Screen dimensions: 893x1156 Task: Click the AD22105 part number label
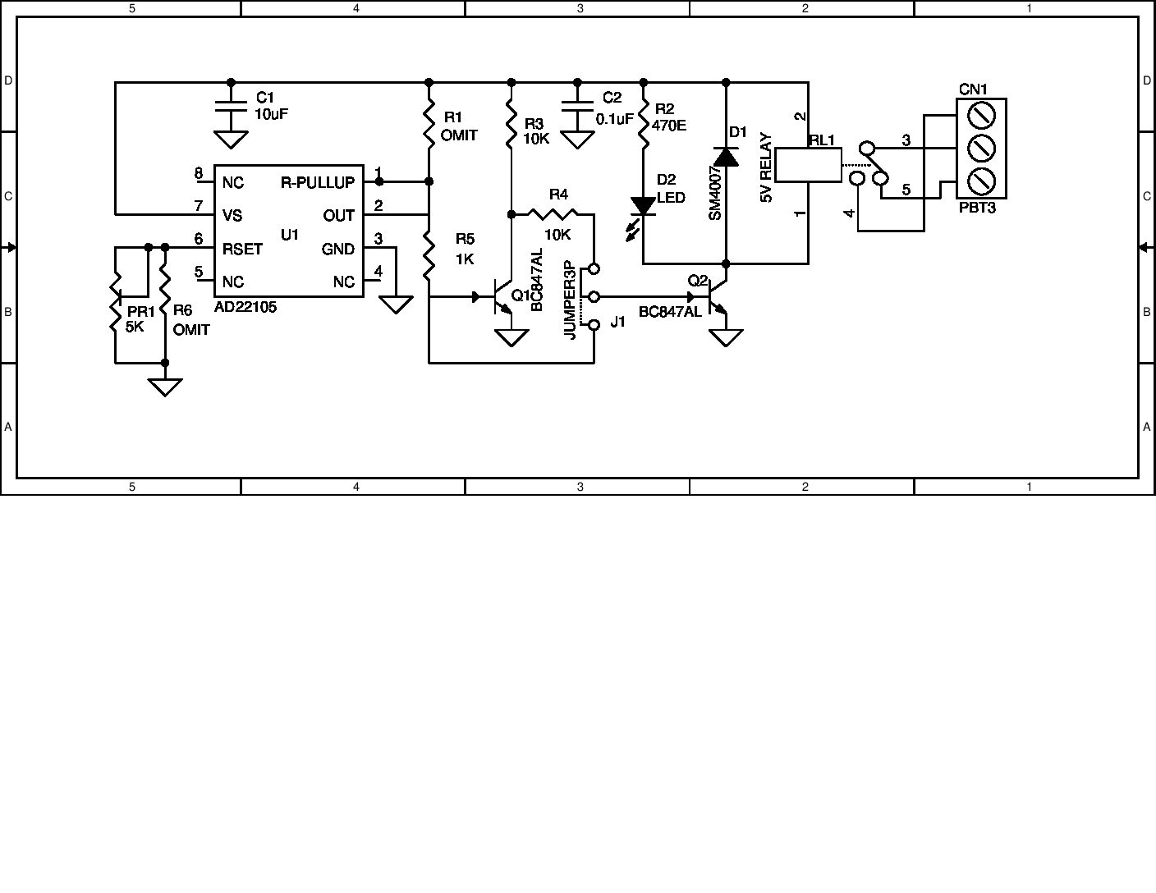[x=245, y=307]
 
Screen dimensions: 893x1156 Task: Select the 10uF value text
[x=271, y=114]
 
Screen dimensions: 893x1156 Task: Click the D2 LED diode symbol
[x=643, y=207]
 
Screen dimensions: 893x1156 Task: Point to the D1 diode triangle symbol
[x=726, y=156]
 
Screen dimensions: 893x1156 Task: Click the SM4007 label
[x=714, y=192]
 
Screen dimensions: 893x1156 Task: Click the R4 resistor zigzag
[x=558, y=214]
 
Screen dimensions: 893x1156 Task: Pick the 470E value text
[x=669, y=126]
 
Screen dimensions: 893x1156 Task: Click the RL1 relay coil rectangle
[x=809, y=164]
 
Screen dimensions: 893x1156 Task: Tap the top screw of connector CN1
[x=981, y=116]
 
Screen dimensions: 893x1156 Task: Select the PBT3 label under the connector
[x=977, y=208]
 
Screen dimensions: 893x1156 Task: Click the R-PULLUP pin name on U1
[x=318, y=182]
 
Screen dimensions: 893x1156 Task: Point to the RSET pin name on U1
[x=242, y=249]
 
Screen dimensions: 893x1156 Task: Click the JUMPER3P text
[x=568, y=300]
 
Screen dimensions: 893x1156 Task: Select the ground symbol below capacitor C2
[x=577, y=140]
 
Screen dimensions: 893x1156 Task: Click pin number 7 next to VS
[x=198, y=205]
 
